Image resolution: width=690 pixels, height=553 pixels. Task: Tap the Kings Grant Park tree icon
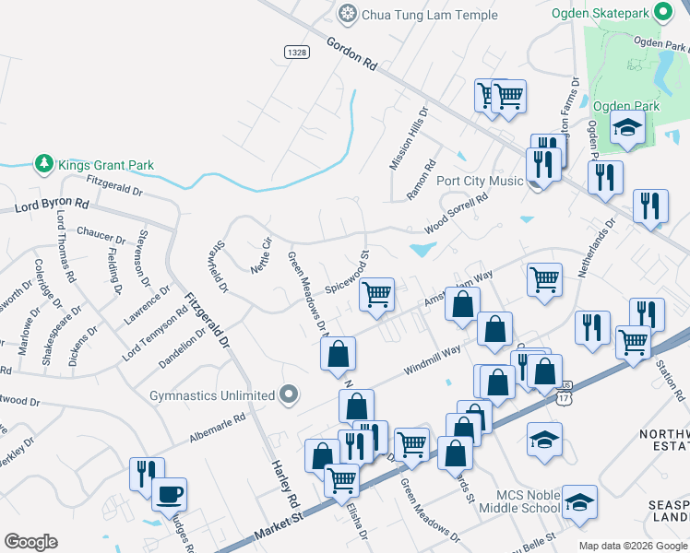point(43,164)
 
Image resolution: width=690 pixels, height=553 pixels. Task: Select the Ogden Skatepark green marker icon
point(662,12)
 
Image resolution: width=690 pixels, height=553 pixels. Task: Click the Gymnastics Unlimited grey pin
point(290,395)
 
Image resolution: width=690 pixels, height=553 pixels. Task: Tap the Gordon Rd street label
point(352,53)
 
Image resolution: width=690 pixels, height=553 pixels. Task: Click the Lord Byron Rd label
point(52,206)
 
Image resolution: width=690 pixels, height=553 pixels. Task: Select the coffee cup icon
point(169,495)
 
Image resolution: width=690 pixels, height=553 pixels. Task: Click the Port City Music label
point(480,181)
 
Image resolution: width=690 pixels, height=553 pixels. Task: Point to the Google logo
point(30,542)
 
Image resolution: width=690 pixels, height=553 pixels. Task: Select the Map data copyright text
point(633,546)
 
